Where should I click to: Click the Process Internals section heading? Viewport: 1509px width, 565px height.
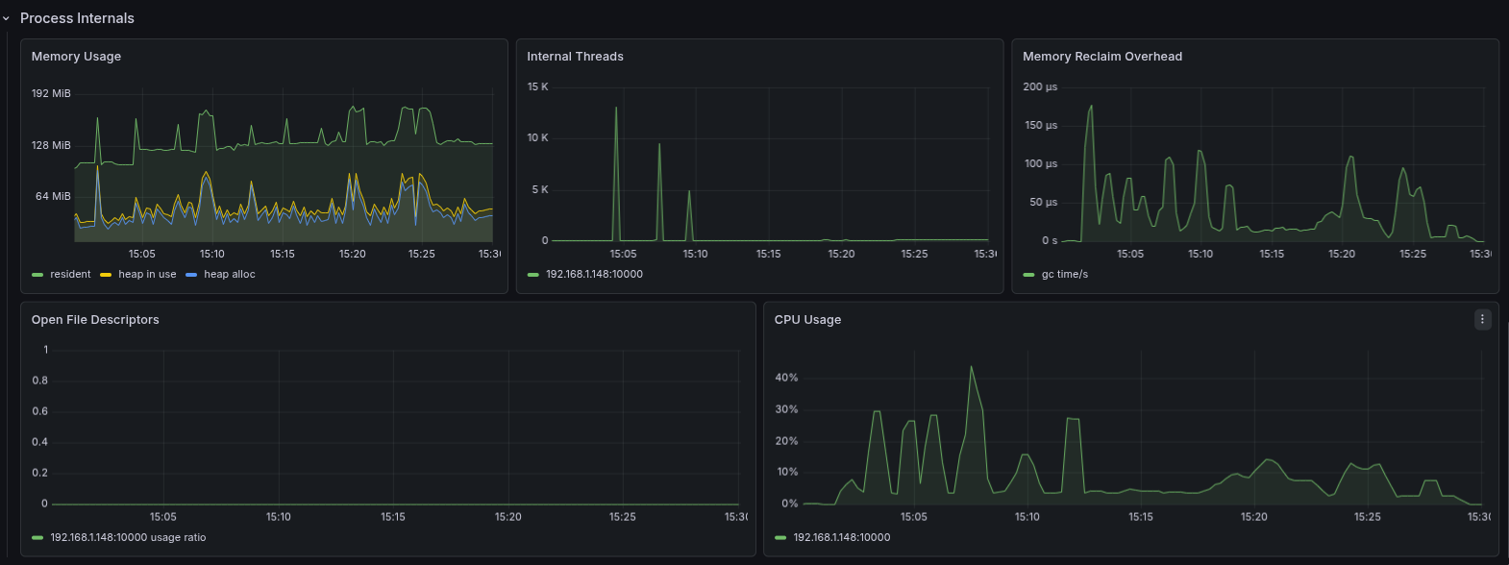77,18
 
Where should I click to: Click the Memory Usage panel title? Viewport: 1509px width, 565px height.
76,57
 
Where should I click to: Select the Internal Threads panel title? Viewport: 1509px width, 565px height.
575,57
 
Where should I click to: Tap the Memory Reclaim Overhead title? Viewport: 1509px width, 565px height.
1101,57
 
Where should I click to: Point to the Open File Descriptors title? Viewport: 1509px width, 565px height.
95,320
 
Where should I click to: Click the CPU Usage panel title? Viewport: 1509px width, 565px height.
807,320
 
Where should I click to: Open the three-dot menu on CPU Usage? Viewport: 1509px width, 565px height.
1482,319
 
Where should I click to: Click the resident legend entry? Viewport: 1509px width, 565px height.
70,275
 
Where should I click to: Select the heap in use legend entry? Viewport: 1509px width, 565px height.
147,275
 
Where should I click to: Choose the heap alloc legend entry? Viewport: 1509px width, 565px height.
229,275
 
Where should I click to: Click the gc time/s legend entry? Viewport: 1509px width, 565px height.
1064,275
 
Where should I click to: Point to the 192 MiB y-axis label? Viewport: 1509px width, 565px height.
51,93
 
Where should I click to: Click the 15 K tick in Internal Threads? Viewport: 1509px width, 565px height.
537,86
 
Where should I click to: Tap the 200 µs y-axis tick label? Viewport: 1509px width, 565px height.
1039,86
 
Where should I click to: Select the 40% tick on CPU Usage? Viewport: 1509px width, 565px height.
786,378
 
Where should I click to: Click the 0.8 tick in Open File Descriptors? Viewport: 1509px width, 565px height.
39,381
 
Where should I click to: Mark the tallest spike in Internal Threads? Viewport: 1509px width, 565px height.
616,108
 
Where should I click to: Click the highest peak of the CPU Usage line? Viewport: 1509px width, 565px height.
971,366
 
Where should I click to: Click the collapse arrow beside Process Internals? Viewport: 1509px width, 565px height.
6,18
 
